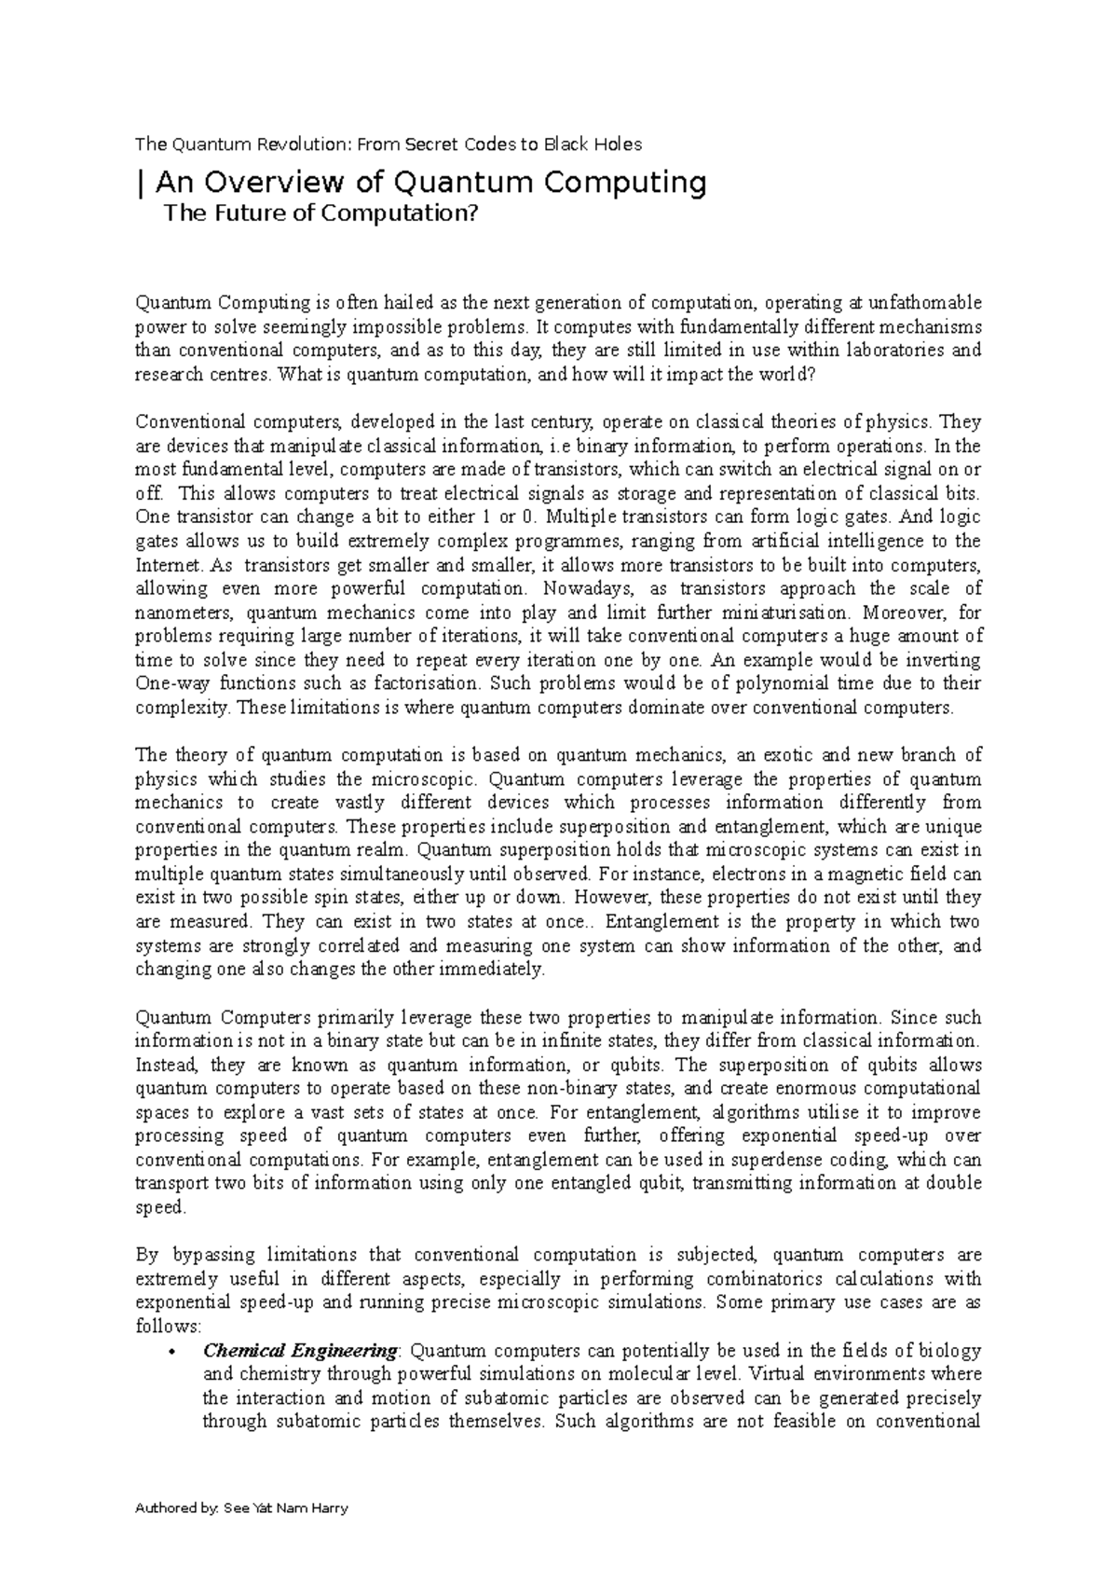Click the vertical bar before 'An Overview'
pos(139,182)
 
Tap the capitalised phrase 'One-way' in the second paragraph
pos(165,683)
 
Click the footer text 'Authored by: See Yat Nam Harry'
pos(242,1508)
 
